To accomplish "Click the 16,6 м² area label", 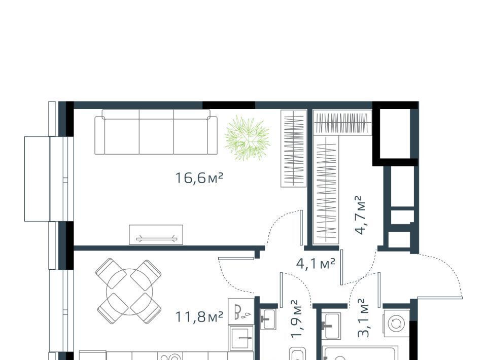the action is [199, 178].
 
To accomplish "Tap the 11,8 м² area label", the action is [199, 317].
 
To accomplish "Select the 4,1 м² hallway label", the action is [316, 264].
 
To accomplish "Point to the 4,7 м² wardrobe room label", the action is [360, 215].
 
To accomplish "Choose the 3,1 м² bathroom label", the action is [363, 318].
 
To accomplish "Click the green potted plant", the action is [247, 138].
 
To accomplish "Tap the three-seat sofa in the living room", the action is [156, 132].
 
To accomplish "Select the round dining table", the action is [129, 292].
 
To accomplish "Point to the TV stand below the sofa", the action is [156, 235].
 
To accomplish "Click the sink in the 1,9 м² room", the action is [268, 319].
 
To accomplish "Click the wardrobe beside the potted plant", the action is [294, 149].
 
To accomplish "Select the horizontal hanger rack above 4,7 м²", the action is [342, 123].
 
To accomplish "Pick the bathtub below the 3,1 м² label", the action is [360, 353].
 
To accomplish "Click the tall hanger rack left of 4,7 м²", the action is [326, 190].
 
